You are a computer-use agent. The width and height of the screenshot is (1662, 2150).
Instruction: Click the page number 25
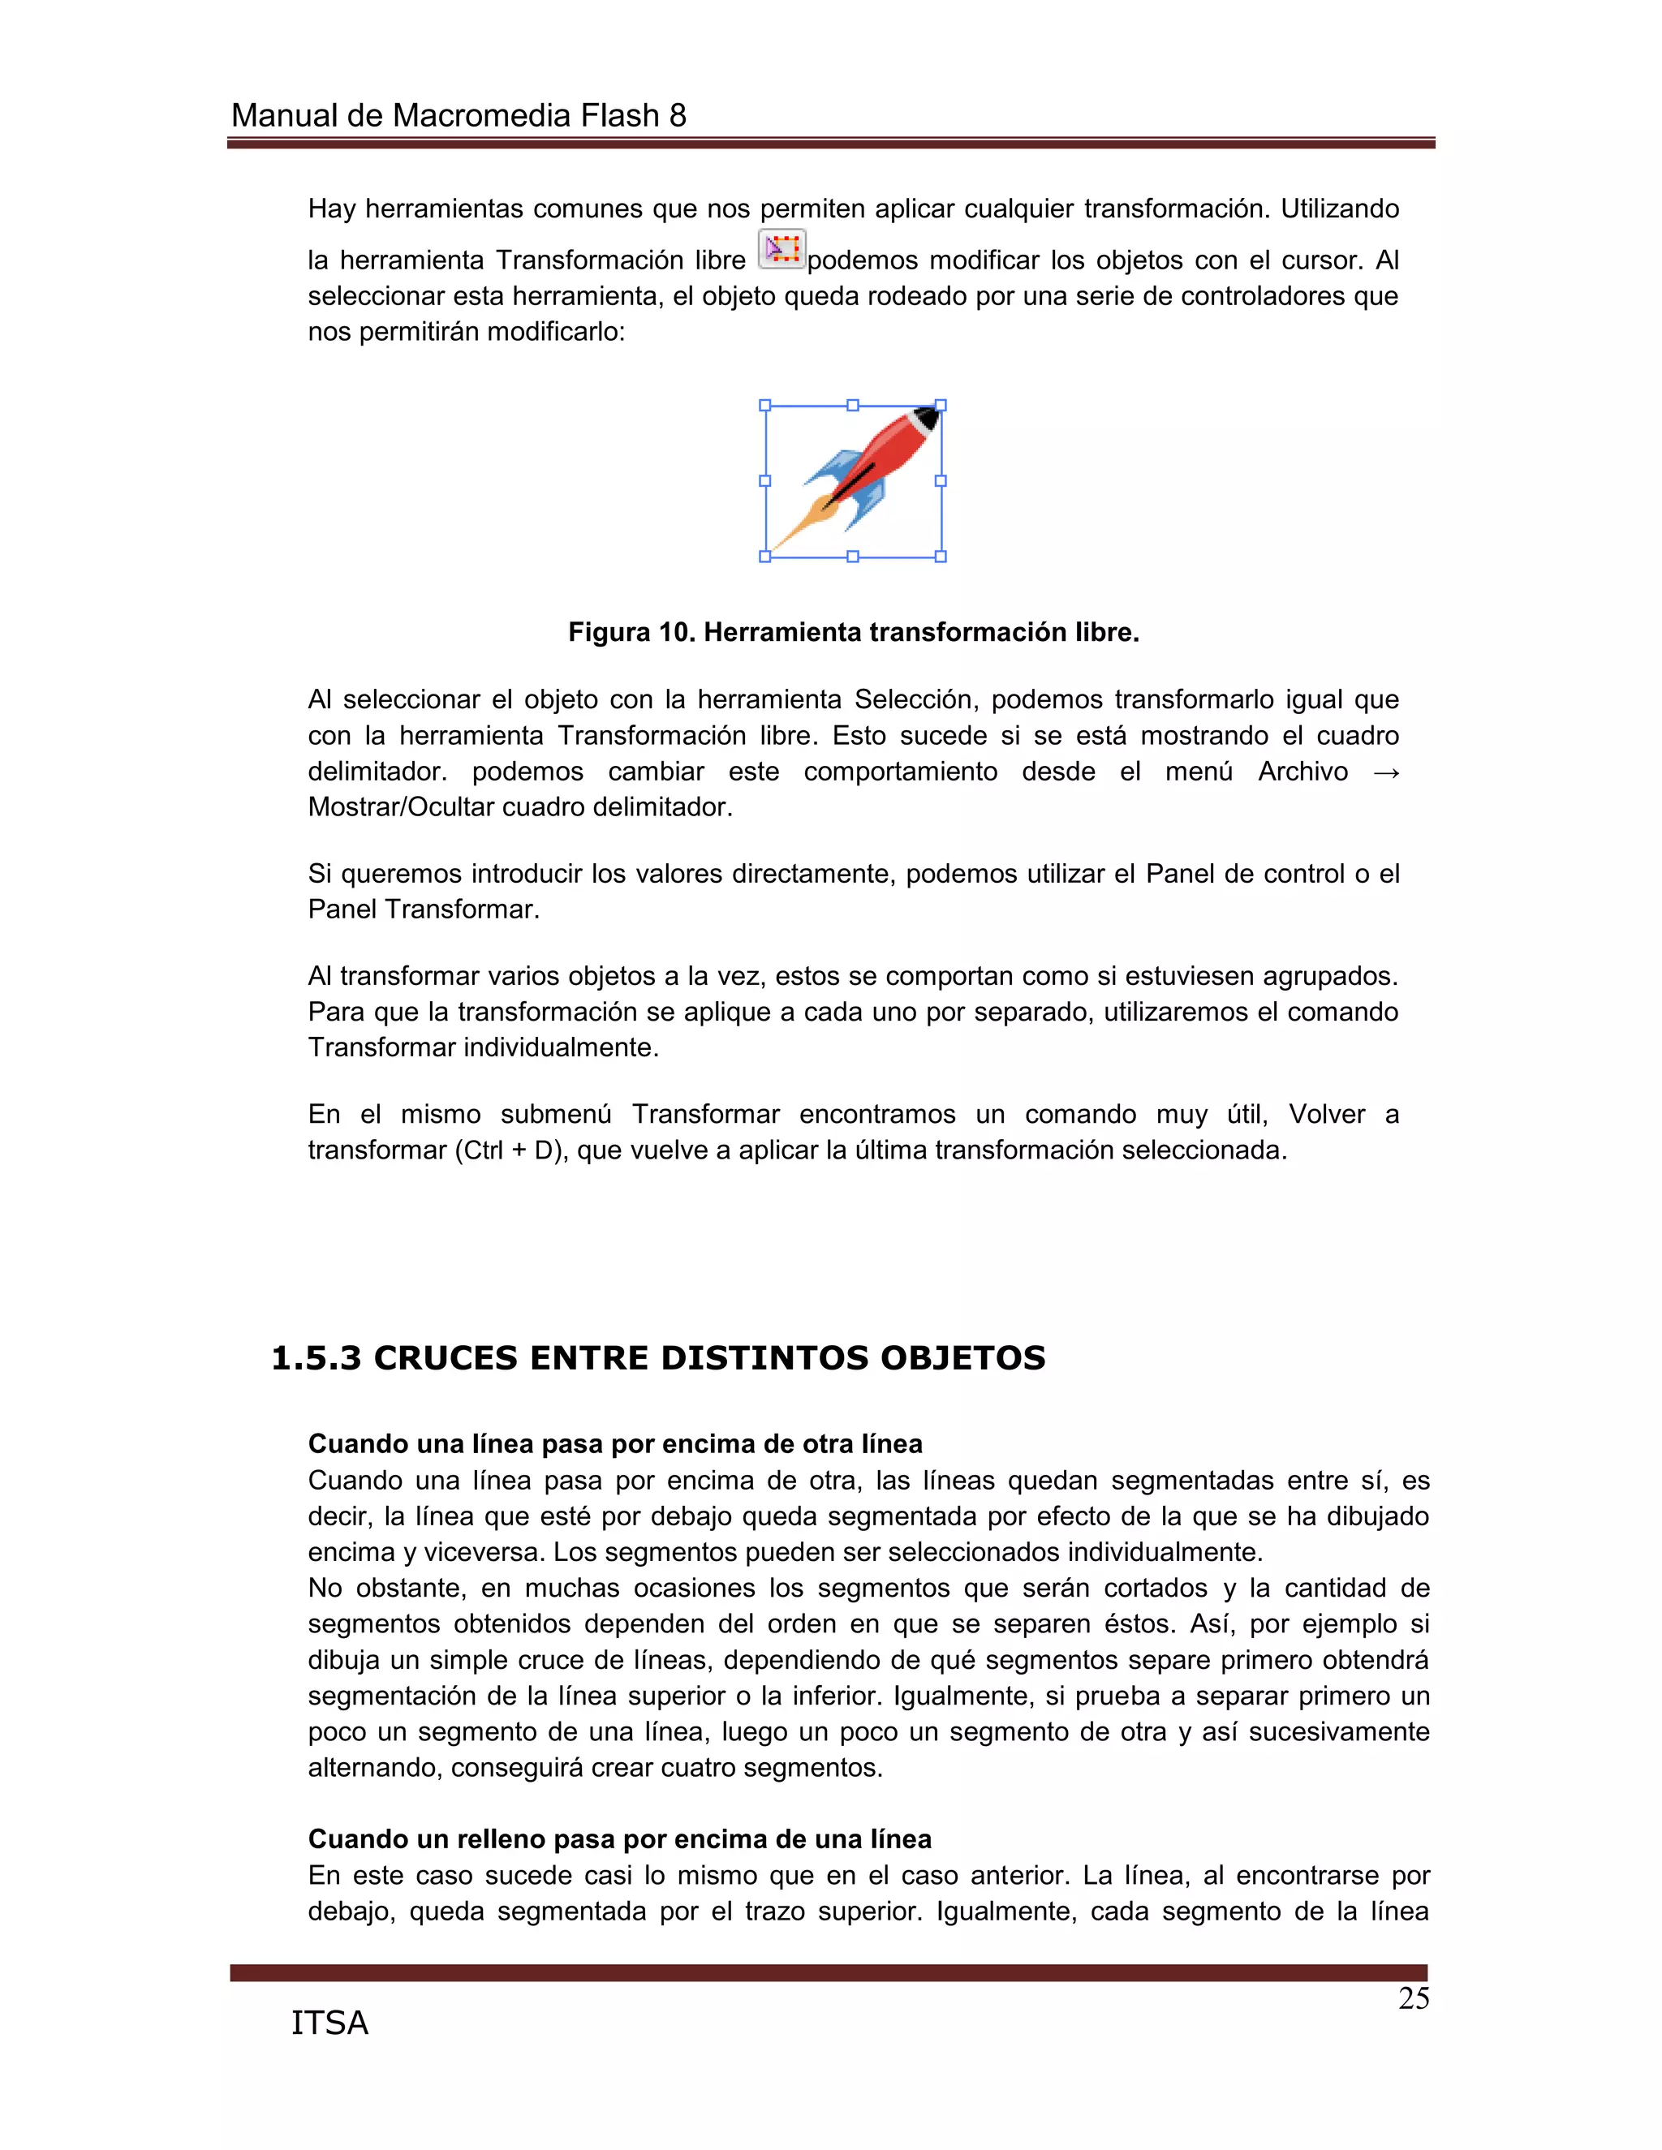tap(1413, 1998)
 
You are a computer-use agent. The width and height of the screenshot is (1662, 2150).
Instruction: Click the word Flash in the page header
tap(618, 116)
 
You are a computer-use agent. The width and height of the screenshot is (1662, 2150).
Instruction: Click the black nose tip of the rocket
tap(928, 417)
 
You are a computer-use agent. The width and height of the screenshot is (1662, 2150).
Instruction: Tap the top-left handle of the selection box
tap(765, 406)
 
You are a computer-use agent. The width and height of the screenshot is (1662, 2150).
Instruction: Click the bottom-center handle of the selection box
tap(853, 557)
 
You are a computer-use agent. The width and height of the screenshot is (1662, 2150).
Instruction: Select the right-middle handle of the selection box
tap(941, 480)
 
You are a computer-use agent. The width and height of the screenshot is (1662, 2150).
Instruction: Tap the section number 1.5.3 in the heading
tap(316, 1357)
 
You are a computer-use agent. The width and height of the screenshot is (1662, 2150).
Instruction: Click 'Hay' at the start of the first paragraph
tap(332, 209)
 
